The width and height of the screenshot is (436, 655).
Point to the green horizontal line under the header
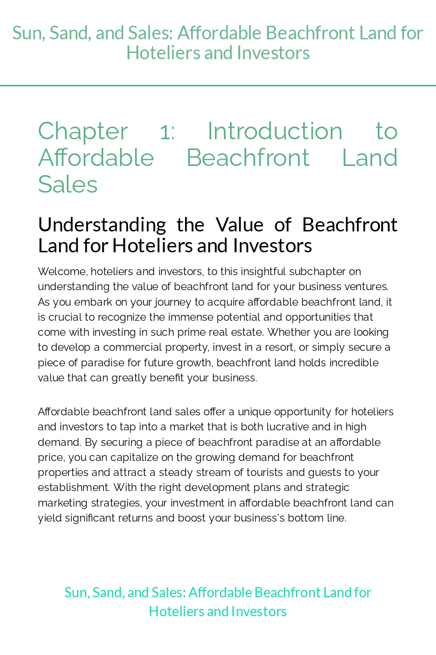coord(218,86)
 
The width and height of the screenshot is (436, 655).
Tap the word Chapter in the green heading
coord(83,131)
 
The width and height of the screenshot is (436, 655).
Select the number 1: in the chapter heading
coord(167,131)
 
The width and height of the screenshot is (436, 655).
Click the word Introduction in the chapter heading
coord(275,131)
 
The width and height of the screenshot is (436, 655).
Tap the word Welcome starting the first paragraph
coord(62,272)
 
